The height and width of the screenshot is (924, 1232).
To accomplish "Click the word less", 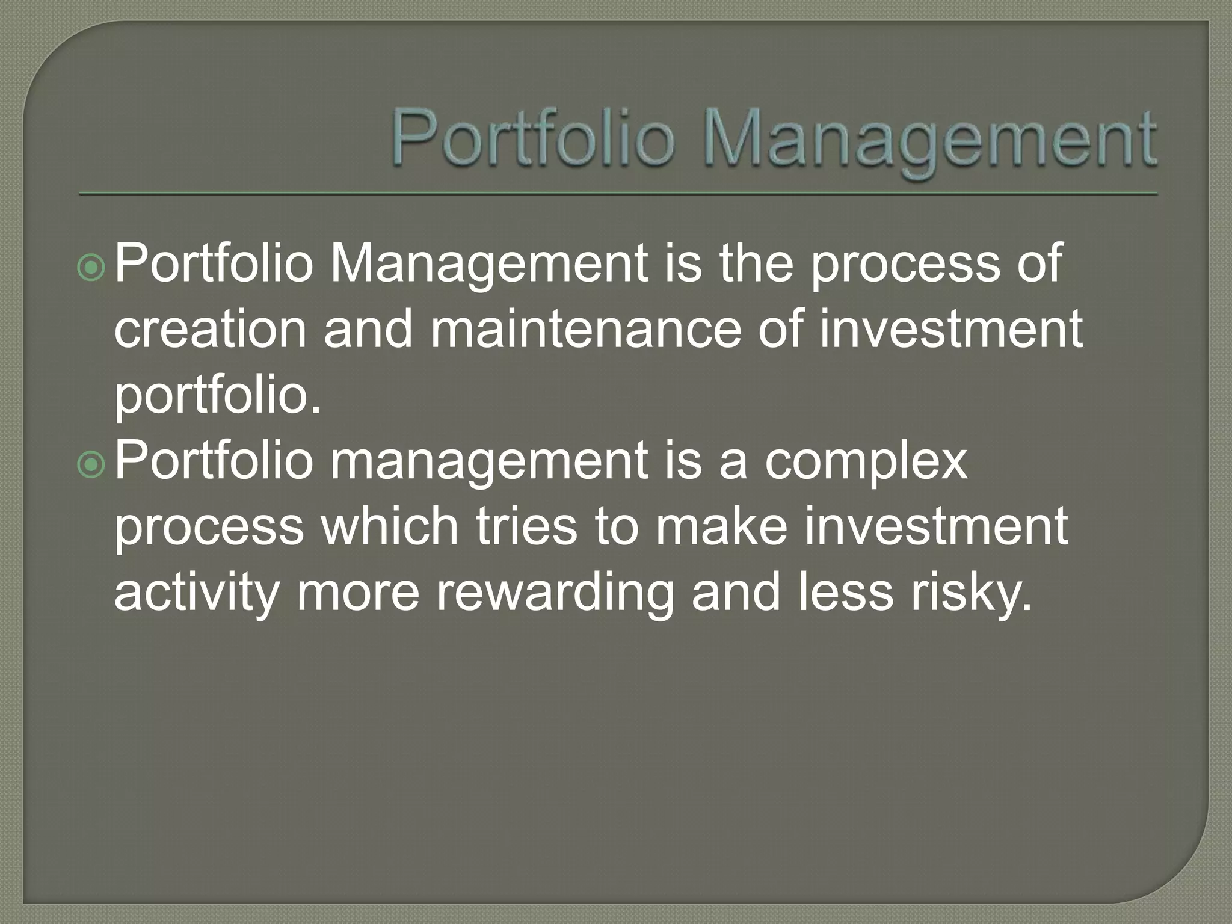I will (x=846, y=593).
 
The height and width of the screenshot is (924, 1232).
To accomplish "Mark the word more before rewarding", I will (x=358, y=593).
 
